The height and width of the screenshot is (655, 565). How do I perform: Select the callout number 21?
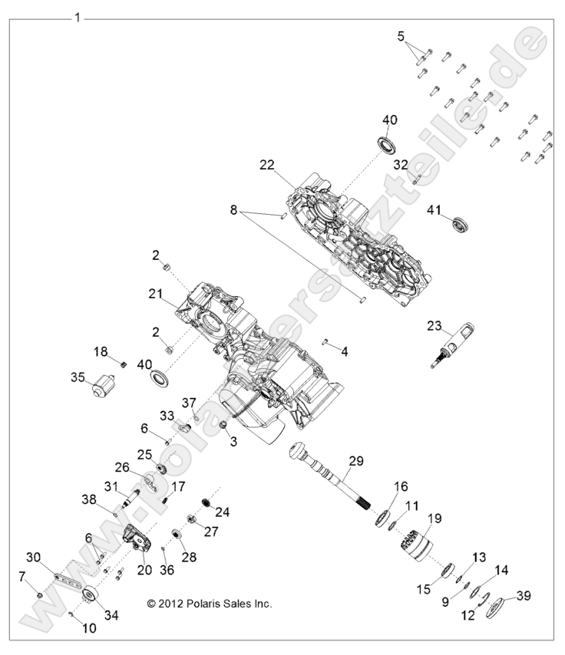tap(156, 293)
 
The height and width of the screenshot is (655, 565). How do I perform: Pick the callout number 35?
tap(78, 377)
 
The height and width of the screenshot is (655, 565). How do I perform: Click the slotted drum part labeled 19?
tap(415, 545)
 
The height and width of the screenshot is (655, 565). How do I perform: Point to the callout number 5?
tap(400, 35)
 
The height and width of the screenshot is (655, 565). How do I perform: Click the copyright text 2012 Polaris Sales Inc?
tap(210, 604)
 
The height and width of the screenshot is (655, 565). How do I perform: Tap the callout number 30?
tap(34, 558)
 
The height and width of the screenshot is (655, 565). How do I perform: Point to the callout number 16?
tap(401, 487)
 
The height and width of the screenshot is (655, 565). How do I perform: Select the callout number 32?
tap(401, 164)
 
